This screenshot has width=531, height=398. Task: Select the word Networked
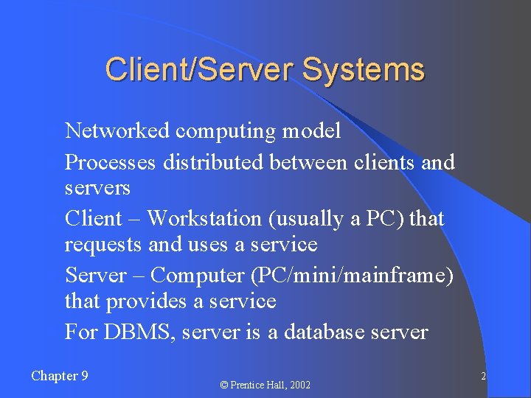click(x=118, y=131)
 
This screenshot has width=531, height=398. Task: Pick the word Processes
click(x=110, y=162)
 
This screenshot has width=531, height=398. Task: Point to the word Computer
click(x=198, y=276)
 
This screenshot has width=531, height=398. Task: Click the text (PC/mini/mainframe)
click(x=353, y=276)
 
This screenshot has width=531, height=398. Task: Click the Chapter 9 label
click(x=60, y=376)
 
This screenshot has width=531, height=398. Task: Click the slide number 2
click(x=483, y=377)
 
